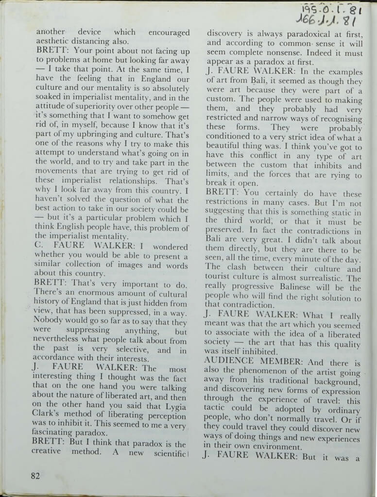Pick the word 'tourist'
coord(221,278)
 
